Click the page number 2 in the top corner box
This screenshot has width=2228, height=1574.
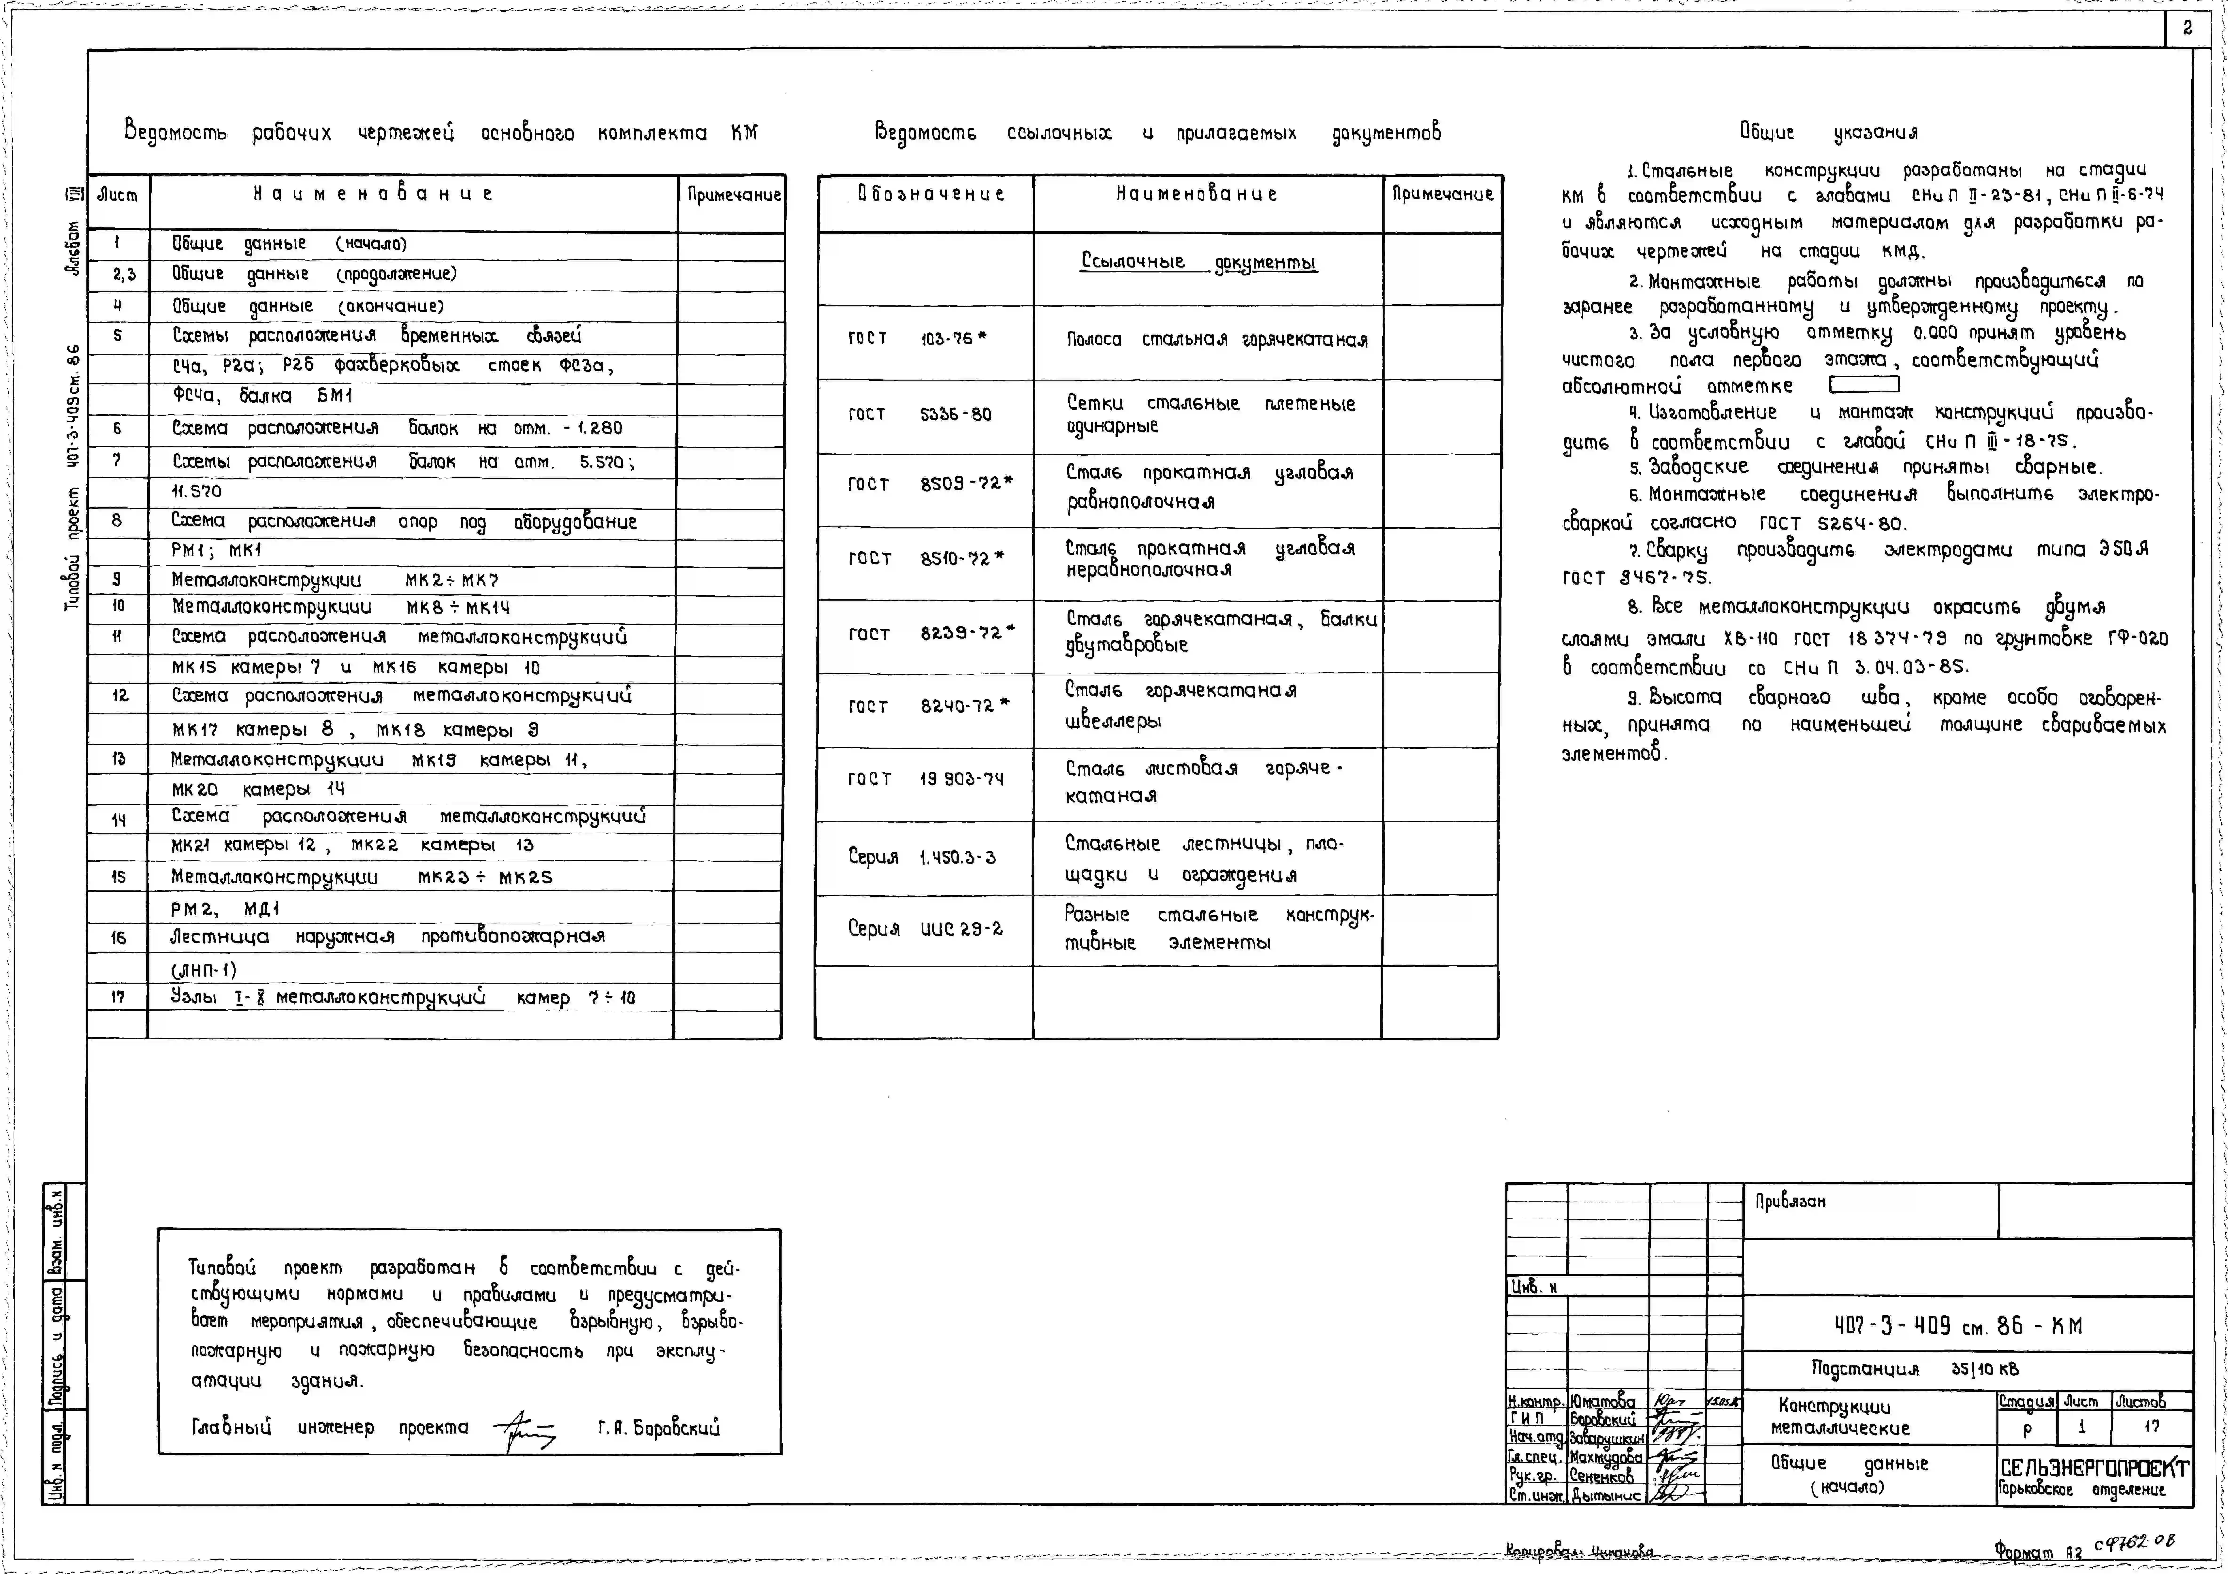pos(2187,28)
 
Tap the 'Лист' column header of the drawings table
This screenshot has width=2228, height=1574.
pos(117,195)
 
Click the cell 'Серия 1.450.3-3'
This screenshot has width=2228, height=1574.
pos(921,857)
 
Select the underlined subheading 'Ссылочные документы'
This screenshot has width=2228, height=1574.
pos(1198,262)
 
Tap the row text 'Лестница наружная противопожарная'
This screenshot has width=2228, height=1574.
pos(387,937)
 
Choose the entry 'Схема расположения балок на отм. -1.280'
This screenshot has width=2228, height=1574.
pos(397,428)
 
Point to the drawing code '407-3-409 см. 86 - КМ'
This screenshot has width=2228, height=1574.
pos(1957,1326)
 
